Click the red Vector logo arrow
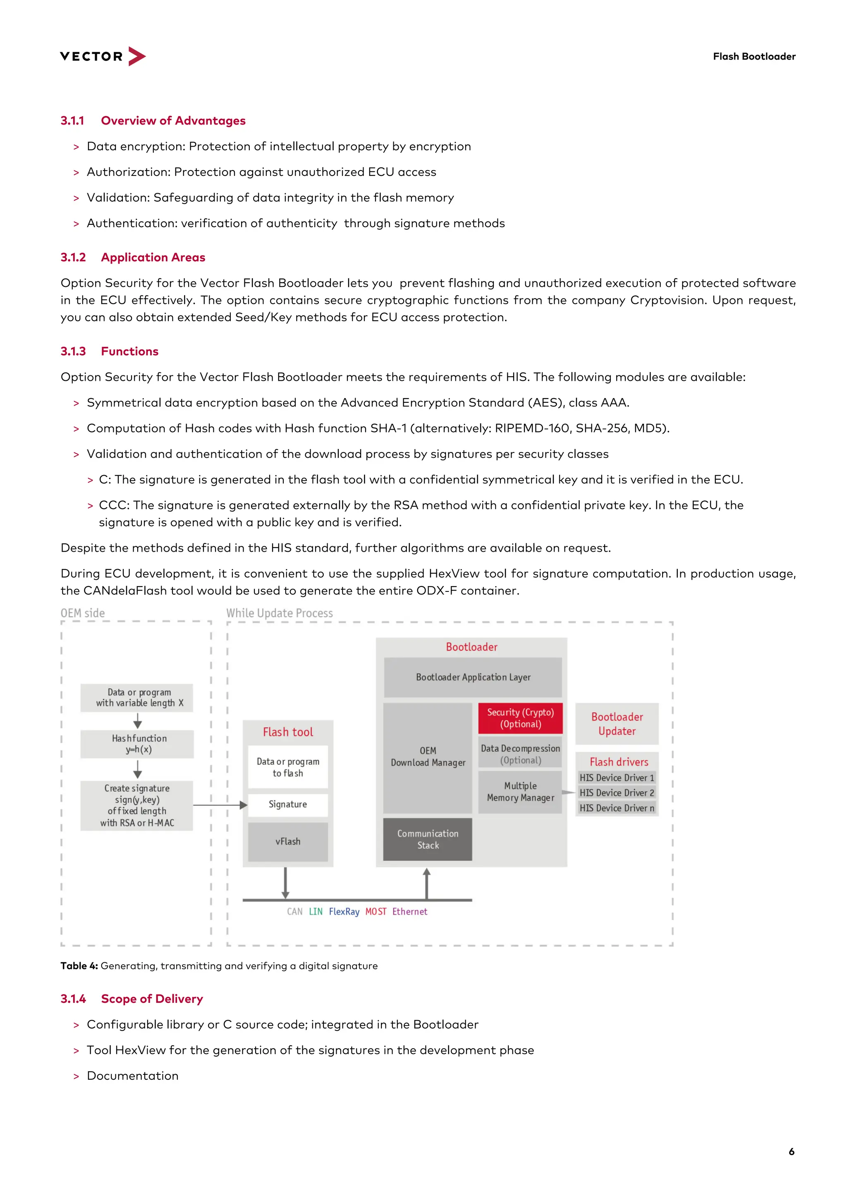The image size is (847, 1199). click(137, 56)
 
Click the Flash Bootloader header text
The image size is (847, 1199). click(754, 56)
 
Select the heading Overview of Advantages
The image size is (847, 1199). click(173, 120)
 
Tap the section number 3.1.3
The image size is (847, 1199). click(73, 351)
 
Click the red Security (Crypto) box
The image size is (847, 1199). click(520, 718)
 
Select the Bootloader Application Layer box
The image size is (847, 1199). click(473, 678)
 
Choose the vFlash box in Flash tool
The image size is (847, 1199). click(287, 841)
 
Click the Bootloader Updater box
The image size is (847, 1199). click(617, 724)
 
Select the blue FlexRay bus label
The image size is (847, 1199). click(344, 911)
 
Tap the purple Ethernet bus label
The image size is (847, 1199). click(410, 911)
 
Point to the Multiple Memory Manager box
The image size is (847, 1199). click(520, 792)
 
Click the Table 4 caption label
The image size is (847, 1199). click(79, 966)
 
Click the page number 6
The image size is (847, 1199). click(791, 1151)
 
